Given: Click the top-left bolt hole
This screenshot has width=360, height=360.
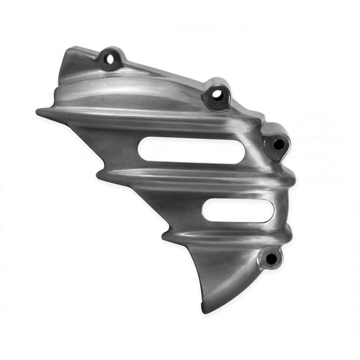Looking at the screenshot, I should pyautogui.click(x=112, y=58).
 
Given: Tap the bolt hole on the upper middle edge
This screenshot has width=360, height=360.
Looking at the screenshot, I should pyautogui.click(x=215, y=95).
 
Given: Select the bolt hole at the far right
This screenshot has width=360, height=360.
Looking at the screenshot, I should pyautogui.click(x=276, y=143).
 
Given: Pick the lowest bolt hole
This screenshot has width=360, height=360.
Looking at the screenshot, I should pyautogui.click(x=271, y=258).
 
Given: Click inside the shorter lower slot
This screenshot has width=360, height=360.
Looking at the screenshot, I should pyautogui.click(x=234, y=210).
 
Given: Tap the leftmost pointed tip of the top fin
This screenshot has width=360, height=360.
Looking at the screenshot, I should pyautogui.click(x=37, y=112).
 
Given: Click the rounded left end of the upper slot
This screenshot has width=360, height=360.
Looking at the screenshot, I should pyautogui.click(x=141, y=148).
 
